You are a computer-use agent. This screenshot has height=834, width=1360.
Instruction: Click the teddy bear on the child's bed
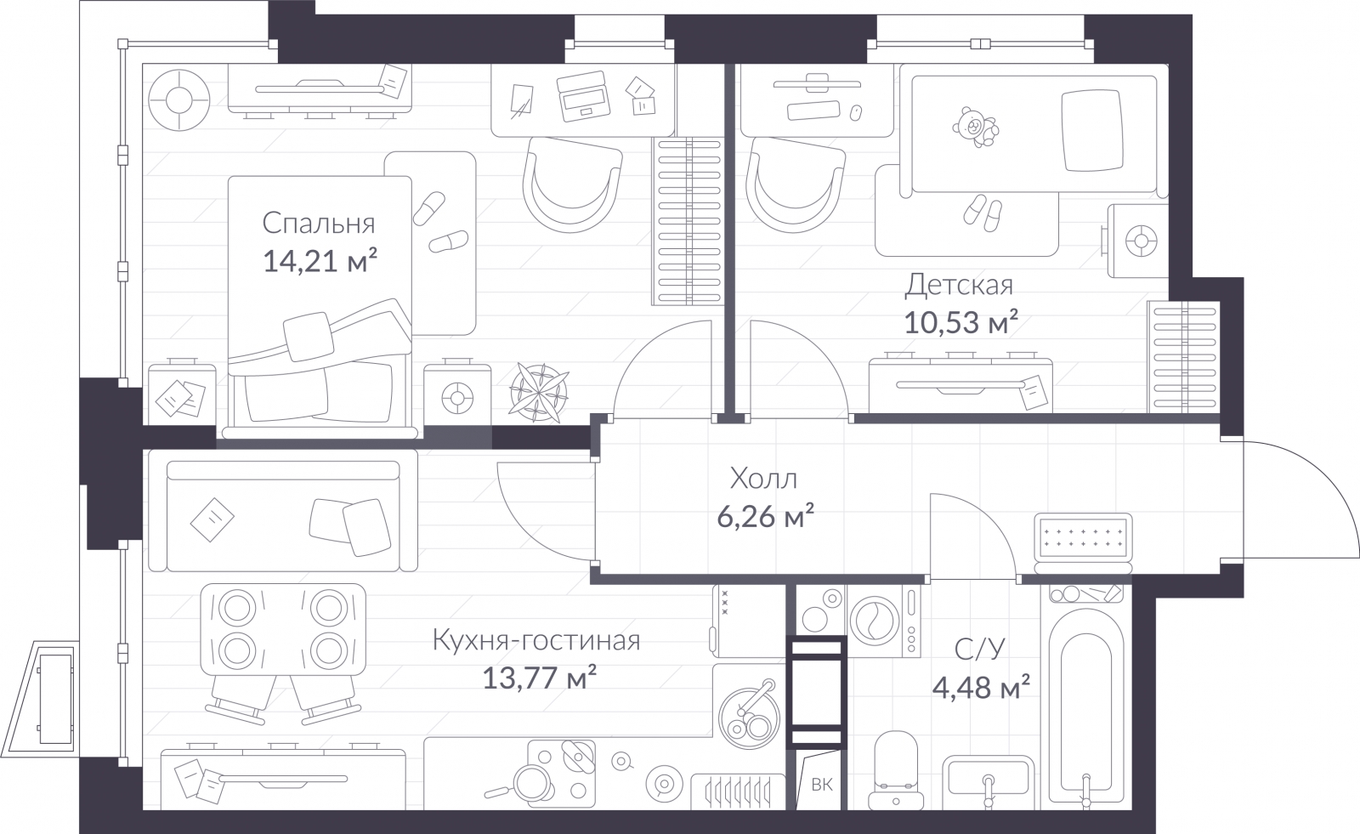(975, 127)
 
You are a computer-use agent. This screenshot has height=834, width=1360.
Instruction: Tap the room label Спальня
(319, 224)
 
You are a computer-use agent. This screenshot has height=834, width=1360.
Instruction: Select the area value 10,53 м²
(961, 322)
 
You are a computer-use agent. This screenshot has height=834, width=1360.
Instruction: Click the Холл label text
(764, 479)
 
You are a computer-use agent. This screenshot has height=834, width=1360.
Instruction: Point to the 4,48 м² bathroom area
(981, 687)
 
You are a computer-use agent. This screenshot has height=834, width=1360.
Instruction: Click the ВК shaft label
(822, 785)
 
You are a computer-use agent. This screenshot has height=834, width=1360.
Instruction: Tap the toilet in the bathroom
(896, 770)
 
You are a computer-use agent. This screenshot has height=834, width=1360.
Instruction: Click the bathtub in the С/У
(1086, 707)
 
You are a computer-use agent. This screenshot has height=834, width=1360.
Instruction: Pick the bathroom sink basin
(989, 780)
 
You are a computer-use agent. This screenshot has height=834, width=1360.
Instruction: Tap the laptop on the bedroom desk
(583, 97)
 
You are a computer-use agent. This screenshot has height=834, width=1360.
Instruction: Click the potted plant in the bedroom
(539, 392)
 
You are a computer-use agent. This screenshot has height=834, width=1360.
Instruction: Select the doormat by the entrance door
(1083, 542)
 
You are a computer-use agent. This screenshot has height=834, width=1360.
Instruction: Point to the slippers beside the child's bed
(983, 213)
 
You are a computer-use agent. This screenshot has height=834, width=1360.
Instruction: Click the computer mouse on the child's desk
(855, 113)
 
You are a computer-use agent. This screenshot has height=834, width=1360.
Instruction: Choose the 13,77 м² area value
(539, 678)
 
